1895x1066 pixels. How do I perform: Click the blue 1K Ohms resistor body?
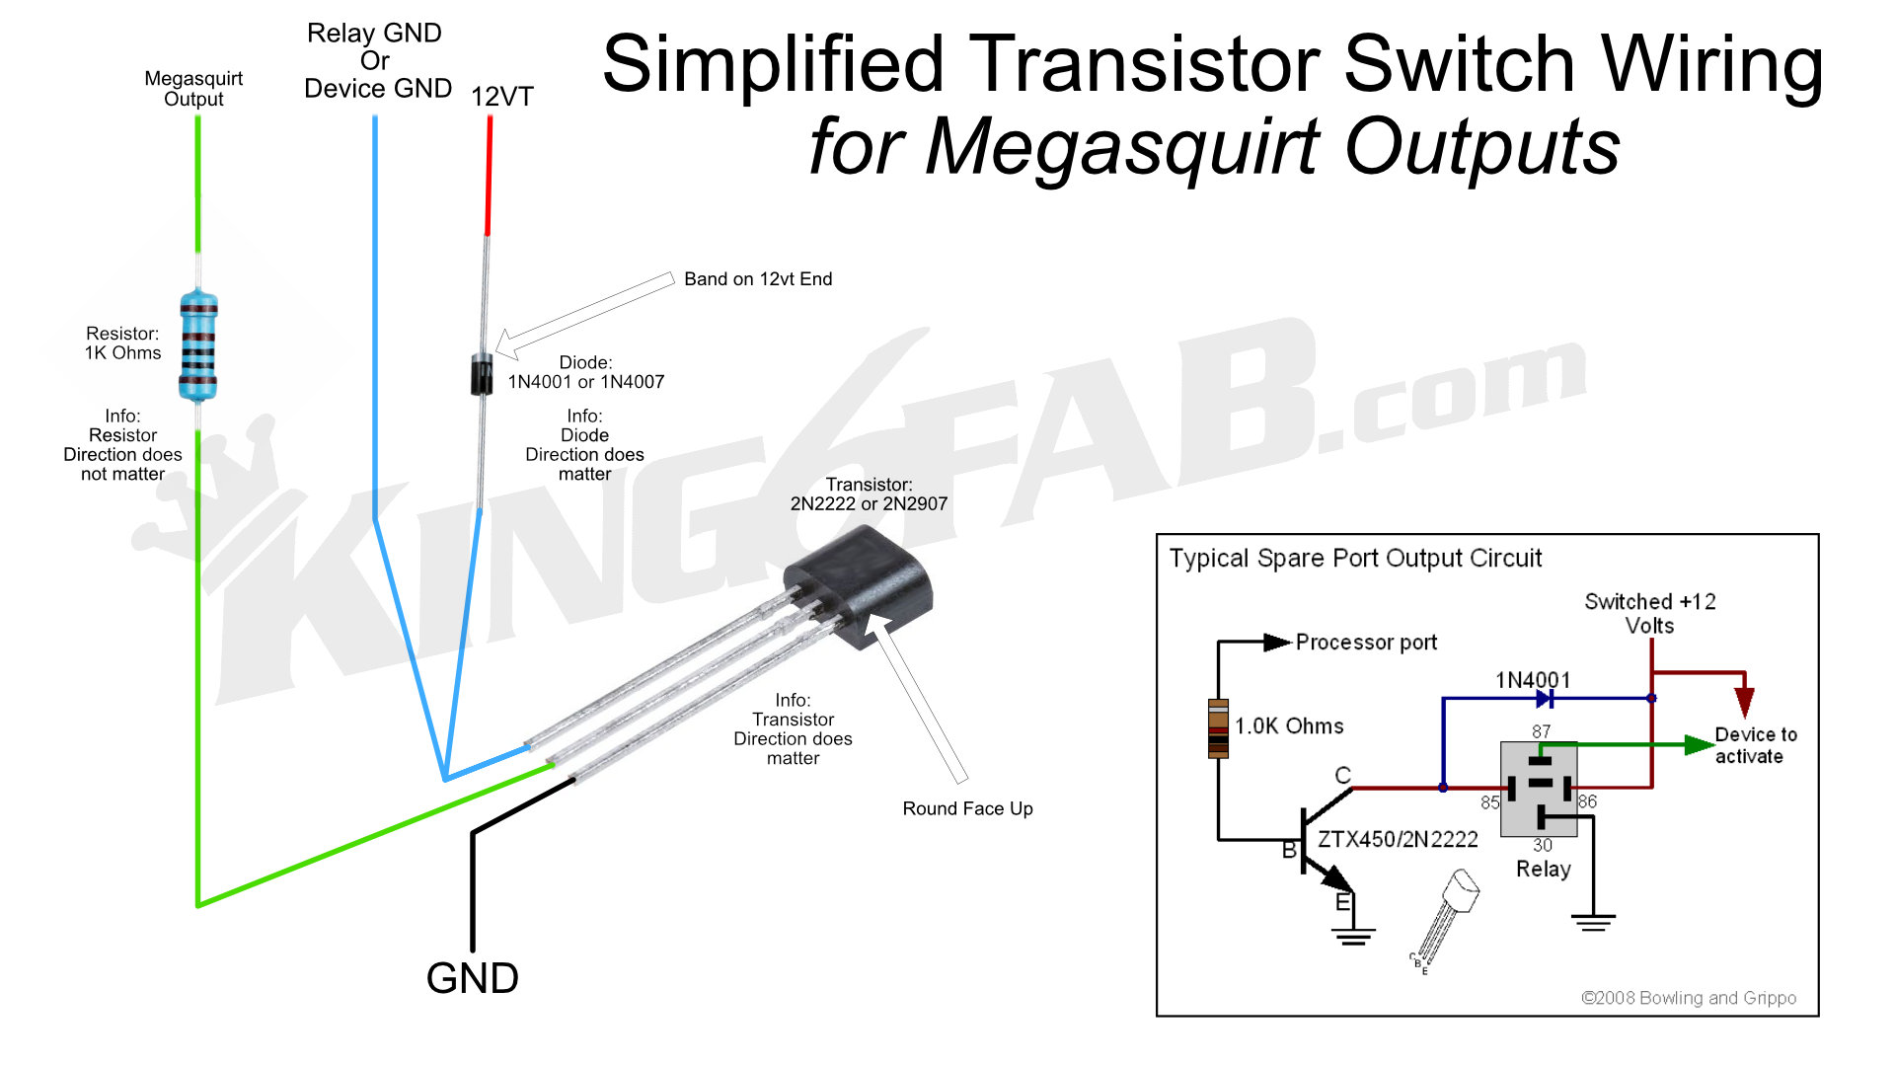(x=198, y=345)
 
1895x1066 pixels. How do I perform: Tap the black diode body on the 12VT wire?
(x=482, y=374)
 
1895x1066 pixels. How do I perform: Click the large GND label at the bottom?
(x=472, y=978)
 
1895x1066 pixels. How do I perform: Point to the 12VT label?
(x=501, y=97)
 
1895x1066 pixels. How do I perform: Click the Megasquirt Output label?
(x=193, y=88)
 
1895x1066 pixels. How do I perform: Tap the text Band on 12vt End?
(x=758, y=279)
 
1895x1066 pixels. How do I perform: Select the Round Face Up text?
(x=967, y=808)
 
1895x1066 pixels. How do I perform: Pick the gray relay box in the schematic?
(x=1538, y=789)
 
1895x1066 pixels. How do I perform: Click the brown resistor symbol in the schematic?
(x=1218, y=728)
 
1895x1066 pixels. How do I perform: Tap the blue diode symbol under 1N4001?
(x=1545, y=699)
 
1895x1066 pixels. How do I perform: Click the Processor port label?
(x=1366, y=643)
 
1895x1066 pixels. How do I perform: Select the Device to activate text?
(x=1756, y=745)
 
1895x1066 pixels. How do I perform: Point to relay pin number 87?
(x=1541, y=731)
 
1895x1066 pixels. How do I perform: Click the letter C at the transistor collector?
(x=1342, y=775)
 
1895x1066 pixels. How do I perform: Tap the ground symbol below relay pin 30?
(x=1593, y=922)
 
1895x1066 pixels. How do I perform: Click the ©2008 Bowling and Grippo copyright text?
(x=1688, y=998)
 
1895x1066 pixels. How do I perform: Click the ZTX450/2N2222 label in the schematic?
(x=1398, y=839)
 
